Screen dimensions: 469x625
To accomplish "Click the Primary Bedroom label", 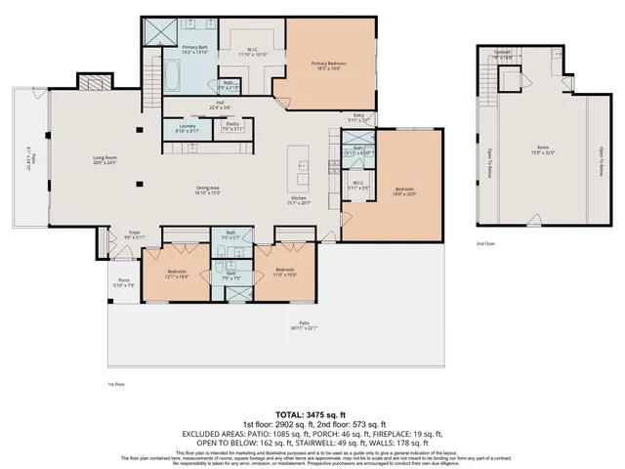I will pos(329,66).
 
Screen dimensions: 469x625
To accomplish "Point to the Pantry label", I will pos(232,127).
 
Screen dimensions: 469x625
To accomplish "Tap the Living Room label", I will pos(104,161).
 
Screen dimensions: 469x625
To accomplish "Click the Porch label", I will pos(124,283).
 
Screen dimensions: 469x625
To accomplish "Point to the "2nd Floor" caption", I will pos(485,242).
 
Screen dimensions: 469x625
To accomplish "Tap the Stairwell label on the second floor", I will pos(502,55).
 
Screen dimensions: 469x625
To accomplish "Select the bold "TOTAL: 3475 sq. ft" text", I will pos(312,416).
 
